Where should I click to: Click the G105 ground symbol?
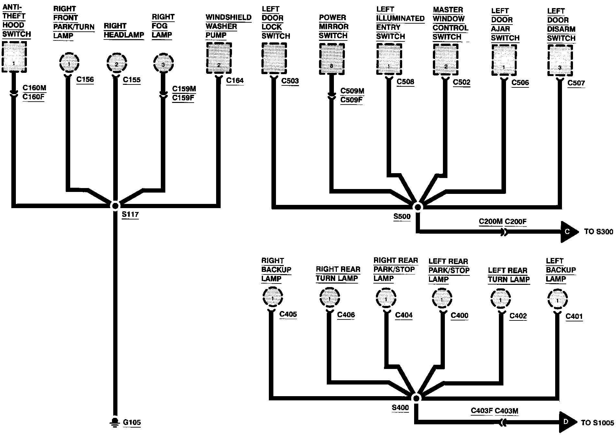pos(115,422)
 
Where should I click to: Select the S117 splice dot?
pos(115,206)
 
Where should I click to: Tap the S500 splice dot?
pos(418,207)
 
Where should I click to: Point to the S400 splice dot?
pos(416,398)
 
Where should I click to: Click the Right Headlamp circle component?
pos(116,64)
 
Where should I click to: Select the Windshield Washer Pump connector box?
pos(219,59)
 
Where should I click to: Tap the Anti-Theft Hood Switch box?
pos(14,57)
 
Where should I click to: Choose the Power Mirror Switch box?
pos(331,59)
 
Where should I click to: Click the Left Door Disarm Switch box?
pos(560,61)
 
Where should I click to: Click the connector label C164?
pos(235,80)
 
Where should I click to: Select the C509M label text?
pos(352,91)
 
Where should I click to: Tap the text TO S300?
pos(598,232)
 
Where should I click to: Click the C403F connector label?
pos(481,411)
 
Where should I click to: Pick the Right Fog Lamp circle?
pos(163,64)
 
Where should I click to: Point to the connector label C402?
pos(518,316)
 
